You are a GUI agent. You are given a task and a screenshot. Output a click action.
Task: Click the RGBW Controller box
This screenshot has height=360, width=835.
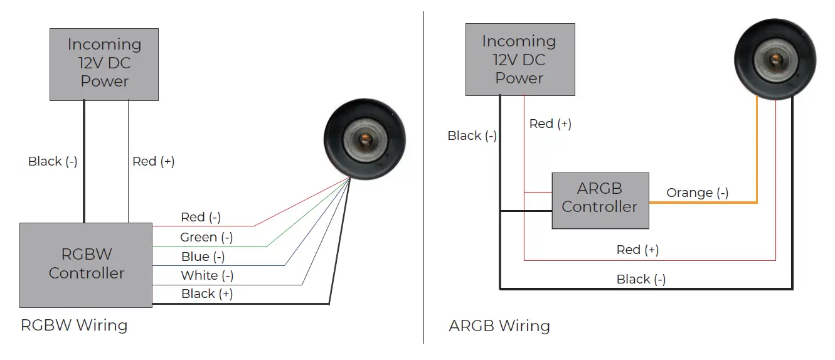tap(86, 265)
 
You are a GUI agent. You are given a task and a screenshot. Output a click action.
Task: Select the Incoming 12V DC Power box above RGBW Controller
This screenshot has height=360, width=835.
tap(104, 64)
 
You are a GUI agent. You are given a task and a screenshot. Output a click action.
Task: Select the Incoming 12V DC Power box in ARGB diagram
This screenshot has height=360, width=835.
tap(520, 60)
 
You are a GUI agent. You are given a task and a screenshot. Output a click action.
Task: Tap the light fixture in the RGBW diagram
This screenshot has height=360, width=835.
tap(364, 139)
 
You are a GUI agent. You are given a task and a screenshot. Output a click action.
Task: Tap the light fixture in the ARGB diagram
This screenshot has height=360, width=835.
tap(775, 58)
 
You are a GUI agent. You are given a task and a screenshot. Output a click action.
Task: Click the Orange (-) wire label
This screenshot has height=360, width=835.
tap(697, 193)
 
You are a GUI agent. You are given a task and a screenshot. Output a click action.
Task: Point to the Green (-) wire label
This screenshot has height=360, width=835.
tap(206, 237)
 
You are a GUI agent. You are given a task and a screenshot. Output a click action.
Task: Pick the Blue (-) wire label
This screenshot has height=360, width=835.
tap(203, 257)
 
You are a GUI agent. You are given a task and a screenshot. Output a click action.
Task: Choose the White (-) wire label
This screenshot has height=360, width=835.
tap(206, 275)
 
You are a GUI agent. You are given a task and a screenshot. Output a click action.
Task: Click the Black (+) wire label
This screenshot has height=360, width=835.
tap(206, 294)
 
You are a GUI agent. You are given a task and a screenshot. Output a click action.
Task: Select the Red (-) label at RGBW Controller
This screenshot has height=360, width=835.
tap(200, 218)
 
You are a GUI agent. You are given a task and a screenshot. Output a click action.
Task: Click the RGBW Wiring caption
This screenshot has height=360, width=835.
tap(74, 326)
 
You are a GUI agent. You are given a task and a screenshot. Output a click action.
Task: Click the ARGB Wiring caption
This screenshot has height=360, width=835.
tap(499, 326)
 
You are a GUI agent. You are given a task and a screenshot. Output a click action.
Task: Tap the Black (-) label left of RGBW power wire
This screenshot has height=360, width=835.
tap(53, 162)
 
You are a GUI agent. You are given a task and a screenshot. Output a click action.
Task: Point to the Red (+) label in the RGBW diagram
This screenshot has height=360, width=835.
tap(153, 162)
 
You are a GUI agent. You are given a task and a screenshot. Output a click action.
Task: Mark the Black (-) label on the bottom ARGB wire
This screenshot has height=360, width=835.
tap(641, 280)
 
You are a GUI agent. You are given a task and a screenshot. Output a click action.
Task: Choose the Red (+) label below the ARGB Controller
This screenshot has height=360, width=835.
tap(637, 250)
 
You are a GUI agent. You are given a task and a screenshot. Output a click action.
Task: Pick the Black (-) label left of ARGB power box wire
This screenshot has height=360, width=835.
tap(472, 136)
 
